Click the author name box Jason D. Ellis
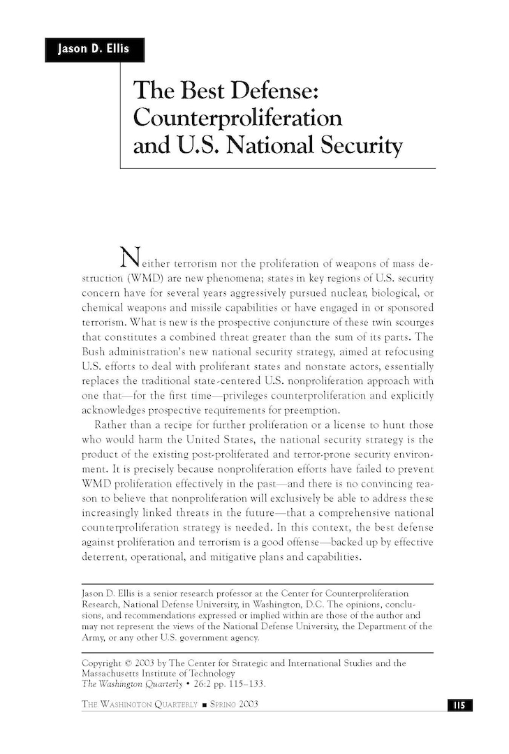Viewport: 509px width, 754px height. pos(94,50)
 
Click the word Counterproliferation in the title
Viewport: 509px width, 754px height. pos(237,117)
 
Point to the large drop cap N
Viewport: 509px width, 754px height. pos(130,258)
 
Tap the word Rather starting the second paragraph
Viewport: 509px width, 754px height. pos(110,424)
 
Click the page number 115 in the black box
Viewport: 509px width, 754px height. pos(459,704)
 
